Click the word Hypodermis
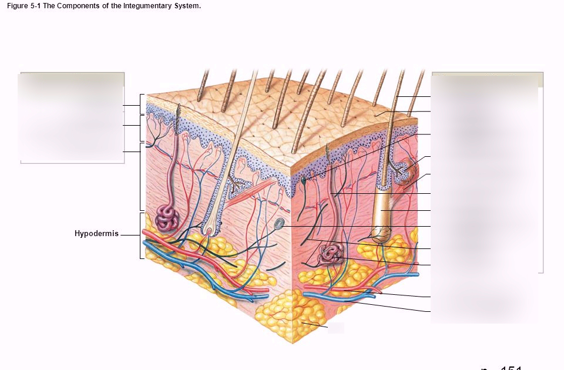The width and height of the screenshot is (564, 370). [96, 234]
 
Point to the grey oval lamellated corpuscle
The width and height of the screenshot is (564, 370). [280, 223]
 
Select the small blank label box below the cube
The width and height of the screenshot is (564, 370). [336, 328]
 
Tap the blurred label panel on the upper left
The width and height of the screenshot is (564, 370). [72, 117]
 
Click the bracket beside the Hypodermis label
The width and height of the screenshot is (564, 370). [141, 235]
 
